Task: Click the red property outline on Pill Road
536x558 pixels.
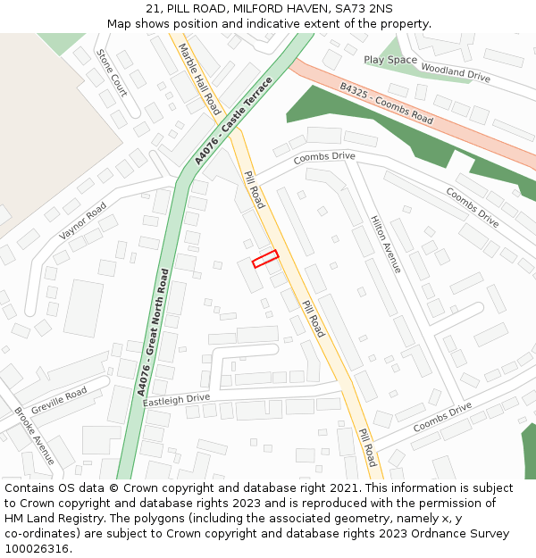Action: pyautogui.click(x=265, y=259)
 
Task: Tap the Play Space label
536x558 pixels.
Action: pyautogui.click(x=390, y=60)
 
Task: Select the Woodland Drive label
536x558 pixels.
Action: pyautogui.click(x=456, y=72)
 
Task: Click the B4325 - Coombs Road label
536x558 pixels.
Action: pyautogui.click(x=386, y=104)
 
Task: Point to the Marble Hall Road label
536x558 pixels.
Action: pyautogui.click(x=200, y=79)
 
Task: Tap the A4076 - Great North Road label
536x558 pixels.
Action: pyautogui.click(x=153, y=332)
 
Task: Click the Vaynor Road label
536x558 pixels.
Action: pyautogui.click(x=83, y=221)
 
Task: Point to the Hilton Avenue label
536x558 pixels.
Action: pyautogui.click(x=387, y=244)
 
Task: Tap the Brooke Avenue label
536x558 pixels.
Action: pyautogui.click(x=34, y=437)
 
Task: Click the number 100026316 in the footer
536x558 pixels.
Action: pyautogui.click(x=38, y=549)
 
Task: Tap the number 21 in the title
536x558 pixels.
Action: pyautogui.click(x=151, y=8)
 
